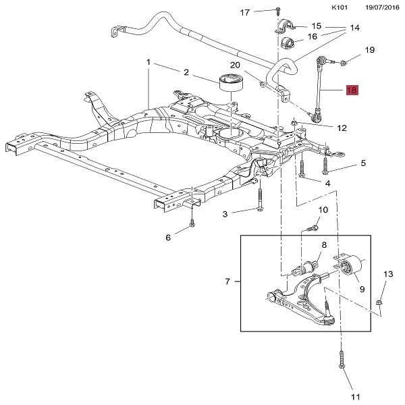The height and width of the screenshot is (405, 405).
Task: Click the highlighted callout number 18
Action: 352,90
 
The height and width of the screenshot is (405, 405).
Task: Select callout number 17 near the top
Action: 245,12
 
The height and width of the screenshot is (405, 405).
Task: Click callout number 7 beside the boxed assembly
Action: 227,280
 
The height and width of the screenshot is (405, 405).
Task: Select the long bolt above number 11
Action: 342,359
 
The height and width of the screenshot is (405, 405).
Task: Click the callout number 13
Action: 387,274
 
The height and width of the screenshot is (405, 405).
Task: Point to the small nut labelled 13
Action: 381,302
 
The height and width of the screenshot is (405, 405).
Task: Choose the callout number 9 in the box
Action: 362,289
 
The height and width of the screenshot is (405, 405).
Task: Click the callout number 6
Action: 168,237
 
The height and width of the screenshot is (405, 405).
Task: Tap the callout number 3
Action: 226,213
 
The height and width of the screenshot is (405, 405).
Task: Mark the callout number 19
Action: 369,50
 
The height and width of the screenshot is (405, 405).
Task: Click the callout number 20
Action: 235,65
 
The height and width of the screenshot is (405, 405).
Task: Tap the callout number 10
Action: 323,210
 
